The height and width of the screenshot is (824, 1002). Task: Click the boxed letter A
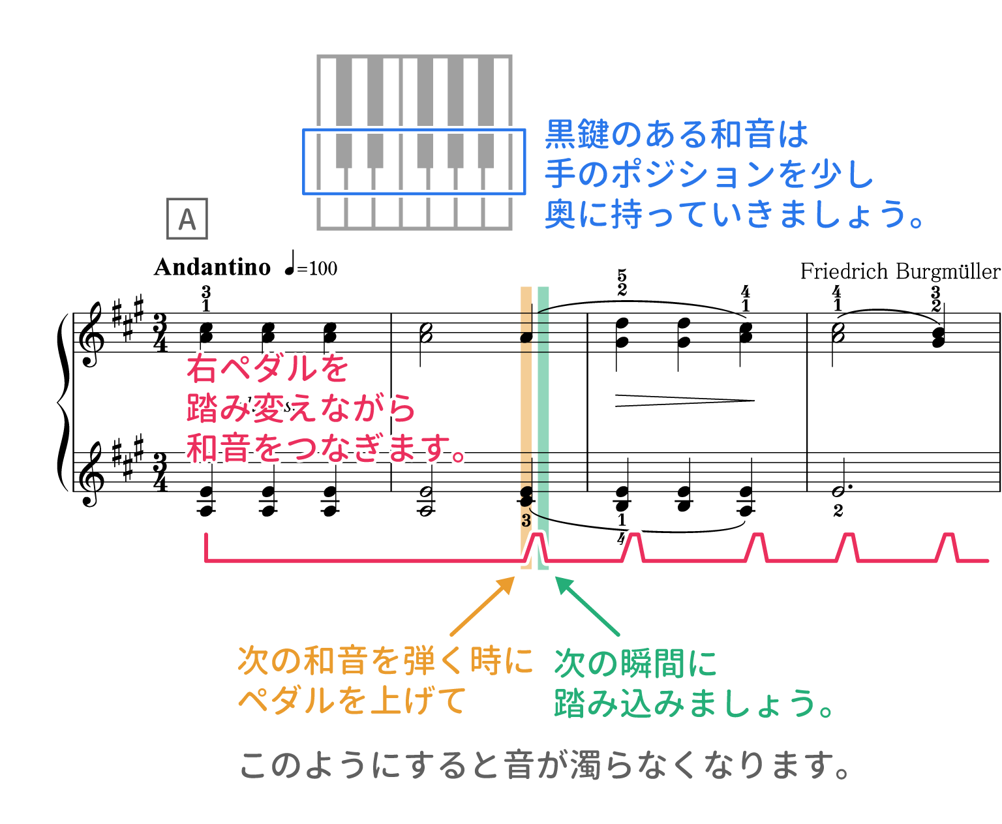coord(187,219)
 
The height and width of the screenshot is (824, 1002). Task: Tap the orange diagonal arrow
coord(482,605)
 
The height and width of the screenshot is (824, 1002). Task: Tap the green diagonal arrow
coord(586,605)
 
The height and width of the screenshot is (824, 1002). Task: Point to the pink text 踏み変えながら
coord(301,409)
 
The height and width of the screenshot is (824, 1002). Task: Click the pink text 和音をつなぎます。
coord(326,449)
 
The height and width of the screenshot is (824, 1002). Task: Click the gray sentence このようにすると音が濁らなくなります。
coord(545,765)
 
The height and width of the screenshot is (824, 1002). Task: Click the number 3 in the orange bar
coord(526,521)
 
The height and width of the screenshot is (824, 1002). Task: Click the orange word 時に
coord(501,662)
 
